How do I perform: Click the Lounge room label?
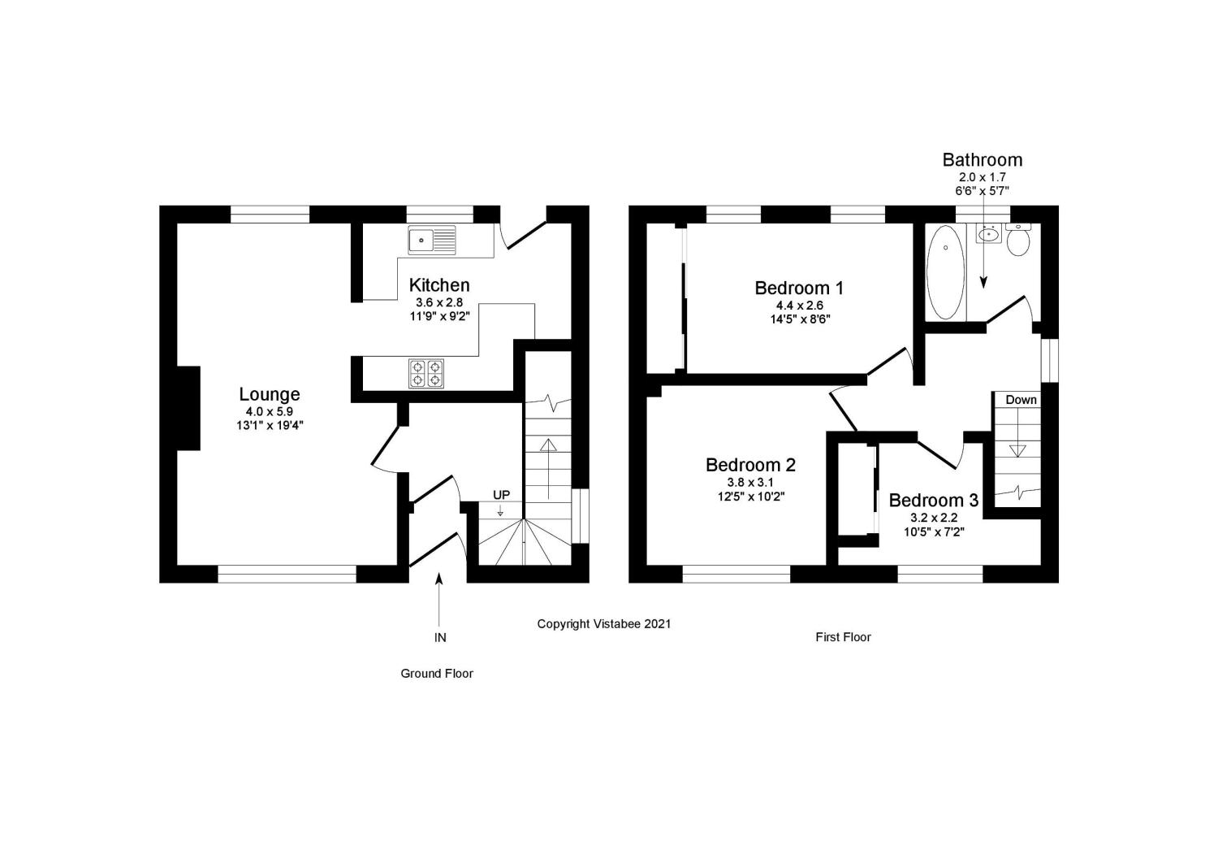click(x=269, y=394)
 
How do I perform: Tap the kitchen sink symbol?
click(x=432, y=240)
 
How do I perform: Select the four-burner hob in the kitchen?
click(x=426, y=374)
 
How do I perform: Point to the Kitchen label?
click(x=438, y=284)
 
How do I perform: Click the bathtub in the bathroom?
click(x=946, y=272)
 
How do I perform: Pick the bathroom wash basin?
click(x=988, y=235)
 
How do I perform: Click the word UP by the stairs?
click(x=501, y=495)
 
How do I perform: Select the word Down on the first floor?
click(x=1021, y=400)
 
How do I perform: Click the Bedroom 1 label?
click(x=799, y=288)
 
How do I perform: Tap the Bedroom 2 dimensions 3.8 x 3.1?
click(x=750, y=482)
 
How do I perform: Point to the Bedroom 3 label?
click(x=934, y=500)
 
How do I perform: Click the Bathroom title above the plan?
click(x=982, y=159)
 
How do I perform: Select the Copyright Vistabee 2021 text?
click(x=603, y=624)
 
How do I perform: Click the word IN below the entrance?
click(x=440, y=637)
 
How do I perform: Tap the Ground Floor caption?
click(x=437, y=674)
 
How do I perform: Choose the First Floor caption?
click(x=843, y=637)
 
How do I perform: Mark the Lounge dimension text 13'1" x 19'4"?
click(x=270, y=426)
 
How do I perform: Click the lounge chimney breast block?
click(x=188, y=408)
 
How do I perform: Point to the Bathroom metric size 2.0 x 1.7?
click(x=982, y=177)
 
